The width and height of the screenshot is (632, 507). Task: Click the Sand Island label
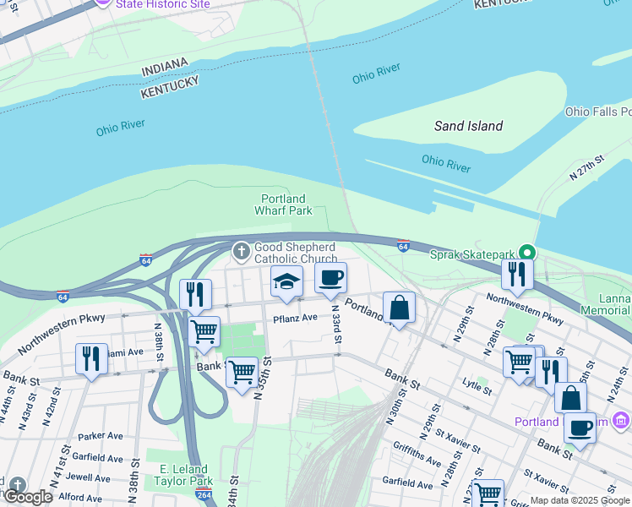pyautogui.click(x=468, y=126)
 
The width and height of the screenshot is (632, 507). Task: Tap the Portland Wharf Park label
pyautogui.click(x=285, y=204)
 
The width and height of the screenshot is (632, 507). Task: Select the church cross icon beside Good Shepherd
pyautogui.click(x=242, y=251)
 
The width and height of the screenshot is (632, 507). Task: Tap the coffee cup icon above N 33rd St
pyautogui.click(x=330, y=277)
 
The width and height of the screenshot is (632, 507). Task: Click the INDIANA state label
pyautogui.click(x=166, y=68)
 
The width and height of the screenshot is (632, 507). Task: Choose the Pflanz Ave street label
pyautogui.click(x=295, y=319)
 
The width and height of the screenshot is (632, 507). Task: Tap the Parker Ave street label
pyautogui.click(x=101, y=437)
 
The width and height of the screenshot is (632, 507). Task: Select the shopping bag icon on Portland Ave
pyautogui.click(x=399, y=308)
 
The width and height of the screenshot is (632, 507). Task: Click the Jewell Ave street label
pyautogui.click(x=88, y=477)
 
